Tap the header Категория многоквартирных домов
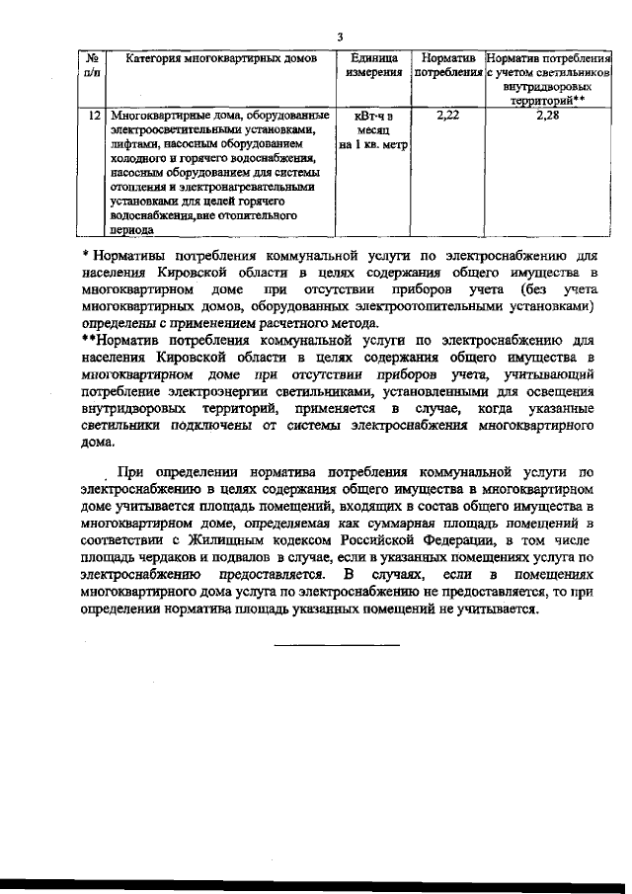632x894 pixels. [222, 59]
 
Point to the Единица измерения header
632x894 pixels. [373, 66]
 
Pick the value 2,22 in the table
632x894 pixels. [448, 117]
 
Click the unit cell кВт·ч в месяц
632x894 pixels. [373, 130]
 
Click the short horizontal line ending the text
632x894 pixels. [337, 645]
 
